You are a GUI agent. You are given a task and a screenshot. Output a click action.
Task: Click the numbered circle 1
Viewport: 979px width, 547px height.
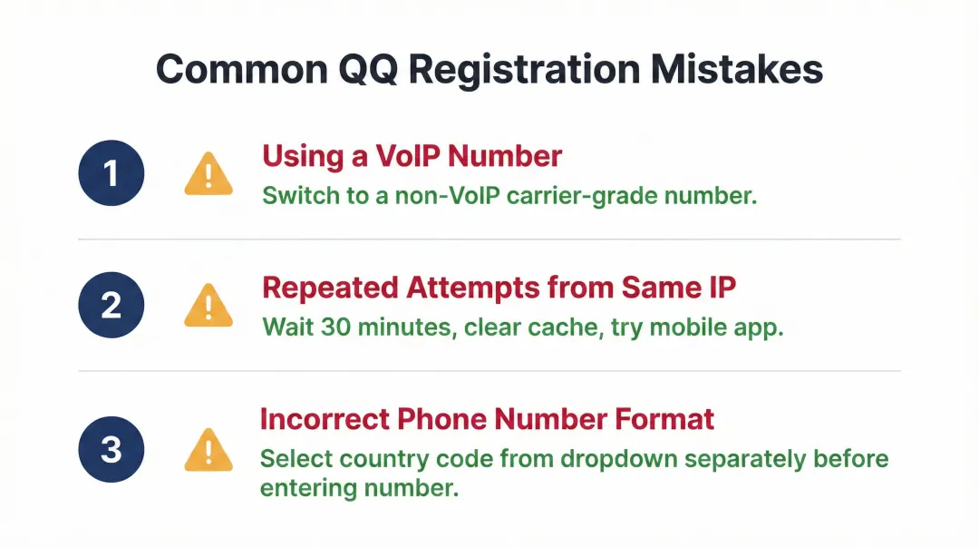click(111, 172)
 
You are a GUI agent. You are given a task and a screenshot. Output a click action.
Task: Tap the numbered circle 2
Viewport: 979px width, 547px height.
click(111, 305)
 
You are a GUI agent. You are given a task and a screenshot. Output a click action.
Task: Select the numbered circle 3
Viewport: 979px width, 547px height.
click(111, 448)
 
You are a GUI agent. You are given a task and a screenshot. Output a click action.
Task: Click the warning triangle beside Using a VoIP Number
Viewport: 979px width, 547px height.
click(208, 173)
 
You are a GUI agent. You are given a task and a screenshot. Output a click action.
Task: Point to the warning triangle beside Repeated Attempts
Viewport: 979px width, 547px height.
click(208, 306)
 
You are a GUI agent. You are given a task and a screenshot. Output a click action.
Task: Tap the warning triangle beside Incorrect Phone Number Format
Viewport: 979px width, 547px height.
click(208, 449)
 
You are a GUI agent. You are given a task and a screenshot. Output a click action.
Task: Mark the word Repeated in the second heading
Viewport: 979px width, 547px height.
click(330, 288)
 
